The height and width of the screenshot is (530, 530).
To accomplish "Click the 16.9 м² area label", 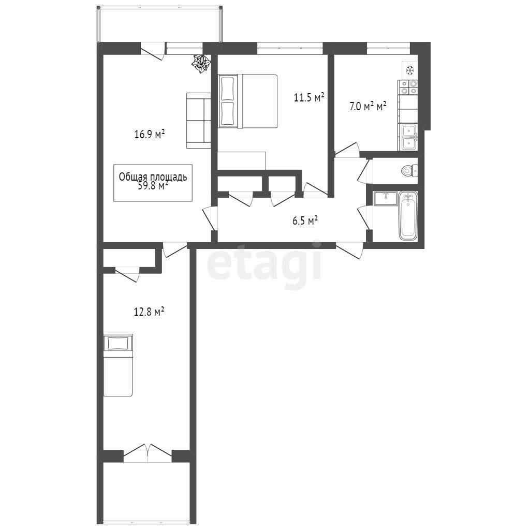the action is (x=150, y=135).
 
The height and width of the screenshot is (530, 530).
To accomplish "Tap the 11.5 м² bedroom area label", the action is (x=309, y=98).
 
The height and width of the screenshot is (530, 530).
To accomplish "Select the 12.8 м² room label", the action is (x=149, y=311).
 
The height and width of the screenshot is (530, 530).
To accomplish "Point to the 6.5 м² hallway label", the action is (x=305, y=221).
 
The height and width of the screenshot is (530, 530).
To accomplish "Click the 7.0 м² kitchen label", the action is (x=368, y=107).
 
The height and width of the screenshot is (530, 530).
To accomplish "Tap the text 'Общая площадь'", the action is (x=153, y=177).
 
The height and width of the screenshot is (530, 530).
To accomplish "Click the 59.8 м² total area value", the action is (x=153, y=186).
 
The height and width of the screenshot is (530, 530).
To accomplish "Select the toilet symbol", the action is (x=409, y=170).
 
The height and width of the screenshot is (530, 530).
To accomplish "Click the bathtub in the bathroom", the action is (x=408, y=216).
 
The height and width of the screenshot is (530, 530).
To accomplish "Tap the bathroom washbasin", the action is (x=386, y=198).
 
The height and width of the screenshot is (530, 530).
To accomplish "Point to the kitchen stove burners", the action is (x=408, y=87).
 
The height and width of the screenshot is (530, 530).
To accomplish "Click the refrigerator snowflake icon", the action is (x=410, y=70).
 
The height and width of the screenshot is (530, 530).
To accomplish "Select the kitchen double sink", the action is (x=409, y=137).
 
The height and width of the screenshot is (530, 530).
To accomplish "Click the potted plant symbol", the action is (x=202, y=63).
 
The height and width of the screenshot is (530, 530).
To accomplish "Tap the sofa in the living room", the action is (x=199, y=121).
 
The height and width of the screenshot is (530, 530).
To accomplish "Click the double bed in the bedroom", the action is (x=248, y=101).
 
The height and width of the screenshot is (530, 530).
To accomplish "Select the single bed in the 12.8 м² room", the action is (x=117, y=365).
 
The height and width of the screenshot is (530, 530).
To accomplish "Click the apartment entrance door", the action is (x=349, y=251).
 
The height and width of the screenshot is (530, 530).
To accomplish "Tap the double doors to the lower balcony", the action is (x=148, y=453).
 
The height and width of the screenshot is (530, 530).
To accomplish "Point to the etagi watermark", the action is (x=264, y=264).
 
